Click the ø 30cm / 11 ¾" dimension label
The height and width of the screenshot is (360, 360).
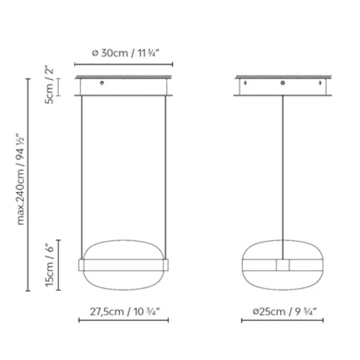click(125, 53)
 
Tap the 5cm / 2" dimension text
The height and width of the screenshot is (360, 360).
click(49, 86)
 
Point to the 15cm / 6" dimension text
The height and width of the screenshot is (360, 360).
click(49, 265)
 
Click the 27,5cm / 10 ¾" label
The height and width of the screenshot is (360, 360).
click(125, 312)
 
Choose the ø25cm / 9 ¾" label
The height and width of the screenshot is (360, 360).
click(285, 312)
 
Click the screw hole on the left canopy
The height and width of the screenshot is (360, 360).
click(102, 83)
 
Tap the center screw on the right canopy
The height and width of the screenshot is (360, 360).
click(283, 83)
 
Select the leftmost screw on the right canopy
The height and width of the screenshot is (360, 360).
click(246, 83)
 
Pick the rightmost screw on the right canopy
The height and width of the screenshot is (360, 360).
click(320, 83)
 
